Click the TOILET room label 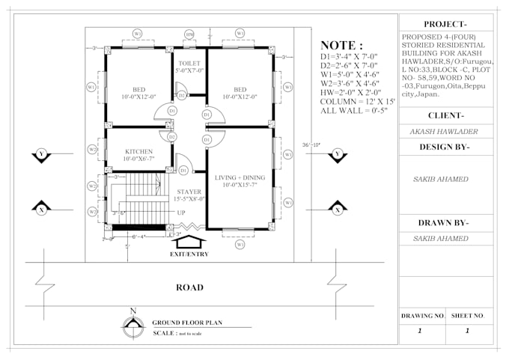click(189, 64)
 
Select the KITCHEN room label click(138, 151)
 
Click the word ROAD click(189, 287)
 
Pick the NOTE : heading click(342, 45)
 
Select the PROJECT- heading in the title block click(446, 24)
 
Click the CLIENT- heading click(446, 115)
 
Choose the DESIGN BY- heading click(446, 147)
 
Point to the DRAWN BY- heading click(446, 222)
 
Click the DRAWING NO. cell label click(423, 316)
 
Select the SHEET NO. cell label click(469, 316)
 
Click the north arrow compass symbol click(133, 324)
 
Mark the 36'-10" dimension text click(311, 144)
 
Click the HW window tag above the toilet click(189, 34)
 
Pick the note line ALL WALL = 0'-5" click(351, 110)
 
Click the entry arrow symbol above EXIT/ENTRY click(187, 241)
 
